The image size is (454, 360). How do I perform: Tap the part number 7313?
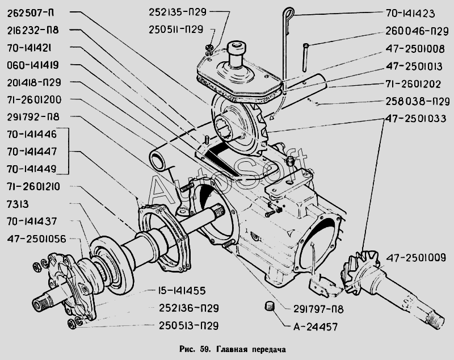point(20,203)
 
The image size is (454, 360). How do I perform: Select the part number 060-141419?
point(37,65)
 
